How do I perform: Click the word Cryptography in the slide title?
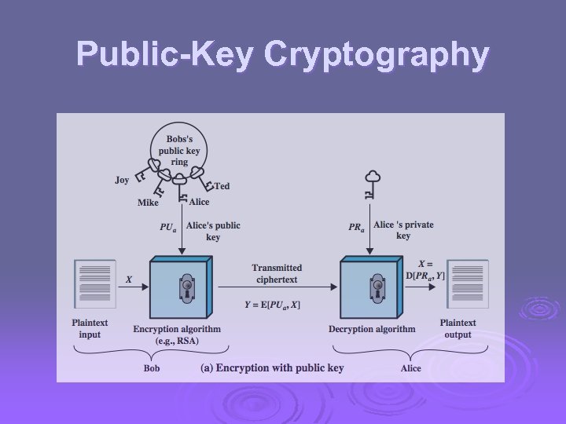[x=377, y=55]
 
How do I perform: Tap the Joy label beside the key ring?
[x=122, y=180]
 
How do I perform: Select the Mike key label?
[x=148, y=203]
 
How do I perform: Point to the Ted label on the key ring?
[x=222, y=186]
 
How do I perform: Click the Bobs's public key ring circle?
[x=180, y=149]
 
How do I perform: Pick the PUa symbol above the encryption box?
[x=168, y=227]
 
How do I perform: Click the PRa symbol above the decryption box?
[x=357, y=227]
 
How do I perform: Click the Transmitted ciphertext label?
[x=277, y=273]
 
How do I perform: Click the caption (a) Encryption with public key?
[x=273, y=367]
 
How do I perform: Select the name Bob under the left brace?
[x=151, y=367]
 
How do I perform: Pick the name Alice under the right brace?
[x=410, y=367]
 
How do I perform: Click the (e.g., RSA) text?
[x=177, y=342]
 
